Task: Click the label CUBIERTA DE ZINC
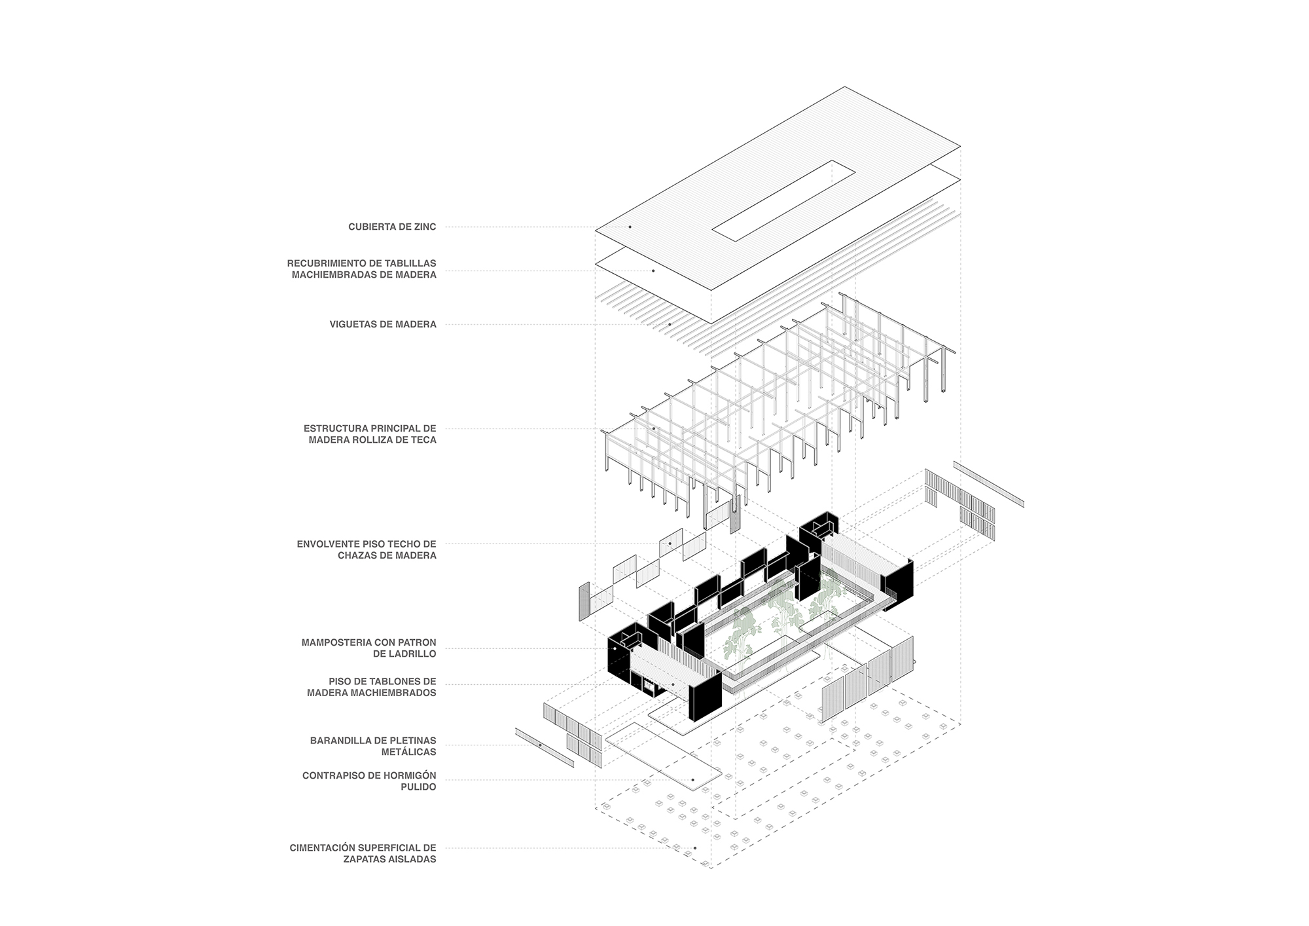tap(392, 227)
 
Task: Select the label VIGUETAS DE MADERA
tap(383, 324)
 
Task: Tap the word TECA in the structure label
tap(423, 440)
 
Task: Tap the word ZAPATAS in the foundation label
tap(365, 859)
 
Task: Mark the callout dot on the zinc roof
tap(630, 227)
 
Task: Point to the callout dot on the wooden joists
tap(670, 324)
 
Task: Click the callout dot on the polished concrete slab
tap(692, 781)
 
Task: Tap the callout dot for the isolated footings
tap(694, 848)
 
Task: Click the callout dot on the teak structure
tap(653, 429)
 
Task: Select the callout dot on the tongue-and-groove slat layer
tap(653, 270)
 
